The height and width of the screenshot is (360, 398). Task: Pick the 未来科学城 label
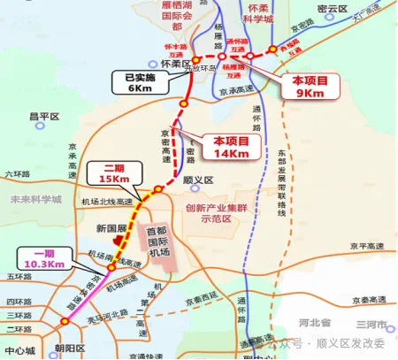click(35, 200)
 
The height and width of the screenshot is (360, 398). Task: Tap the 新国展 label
click(111, 227)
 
